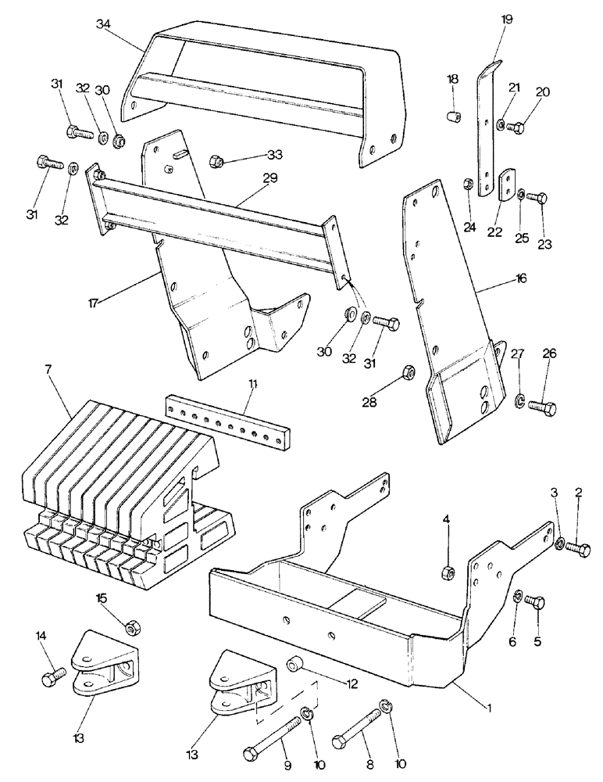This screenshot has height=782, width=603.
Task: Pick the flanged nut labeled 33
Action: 219,162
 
